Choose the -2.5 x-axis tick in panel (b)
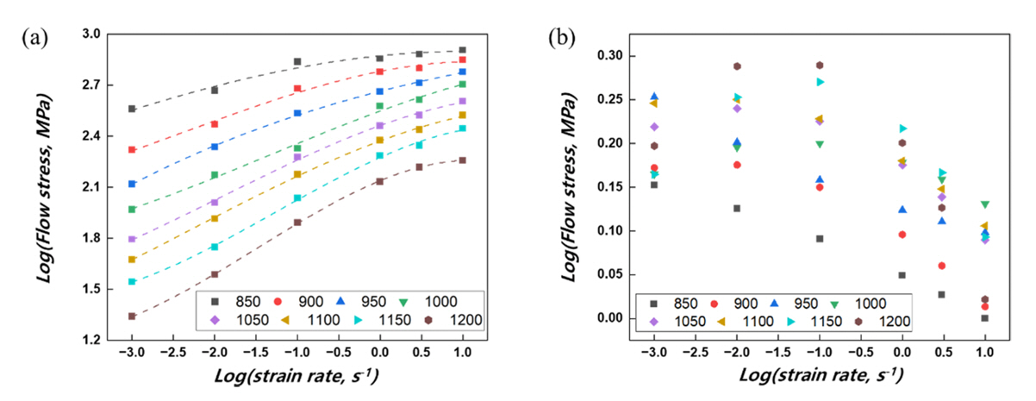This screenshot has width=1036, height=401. [x=696, y=353]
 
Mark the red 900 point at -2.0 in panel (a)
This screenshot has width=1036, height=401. [x=215, y=124]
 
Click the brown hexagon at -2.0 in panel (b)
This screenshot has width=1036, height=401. [x=737, y=66]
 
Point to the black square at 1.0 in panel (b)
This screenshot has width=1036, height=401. [x=984, y=318]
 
